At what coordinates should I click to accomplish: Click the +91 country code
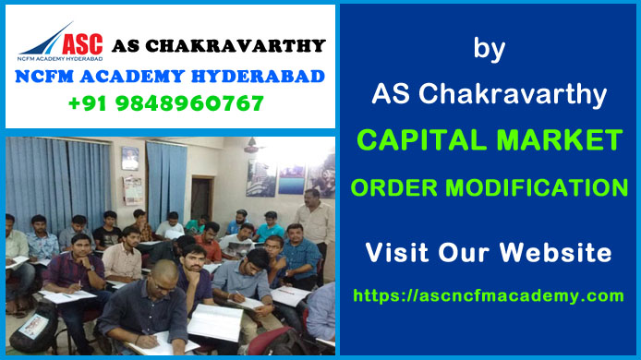tap(90, 103)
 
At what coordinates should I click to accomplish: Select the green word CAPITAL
tap(417, 141)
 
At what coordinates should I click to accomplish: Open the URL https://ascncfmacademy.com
tap(489, 295)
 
